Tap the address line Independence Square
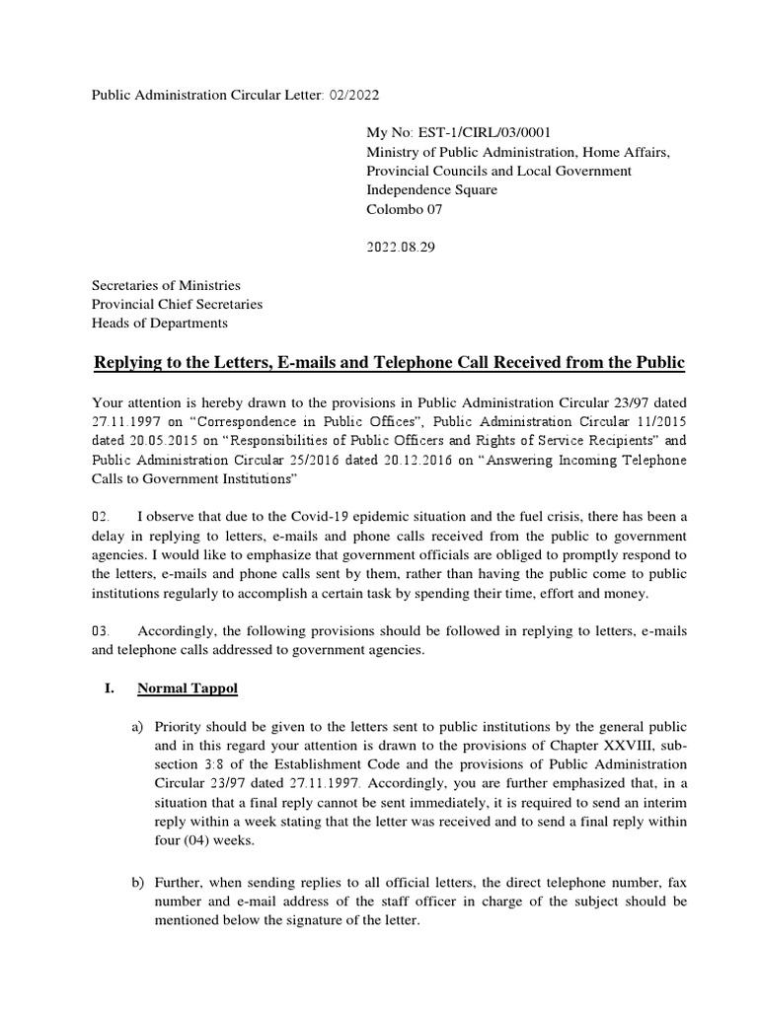pos(431,189)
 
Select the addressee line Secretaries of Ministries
pos(166,285)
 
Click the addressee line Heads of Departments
pos(160,323)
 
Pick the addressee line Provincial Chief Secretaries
pos(178,304)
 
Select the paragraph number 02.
pos(104,516)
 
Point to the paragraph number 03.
pos(104,630)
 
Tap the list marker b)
pos(139,881)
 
